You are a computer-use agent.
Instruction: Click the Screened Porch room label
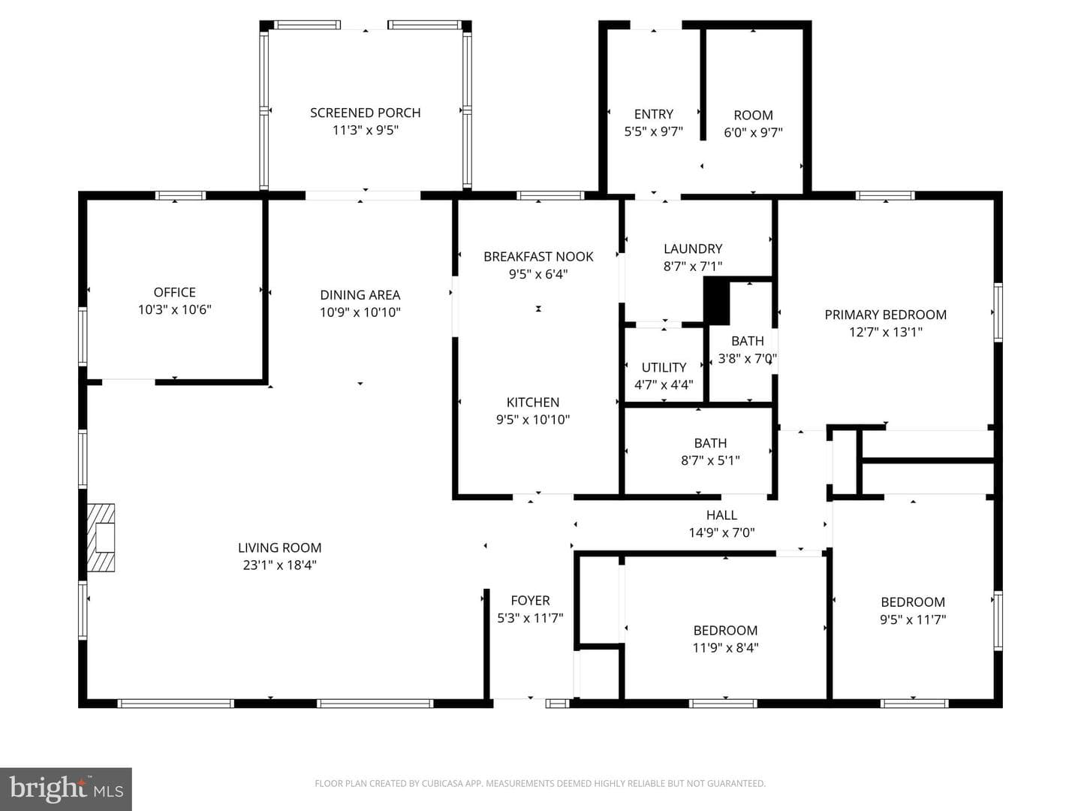(365, 113)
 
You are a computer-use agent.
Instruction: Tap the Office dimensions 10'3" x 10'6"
(174, 309)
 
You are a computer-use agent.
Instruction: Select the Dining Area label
(360, 295)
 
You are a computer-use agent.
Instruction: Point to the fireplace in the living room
(101, 537)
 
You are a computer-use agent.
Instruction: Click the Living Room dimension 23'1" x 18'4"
(280, 565)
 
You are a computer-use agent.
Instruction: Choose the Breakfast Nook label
(538, 257)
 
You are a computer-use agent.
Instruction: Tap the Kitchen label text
(533, 402)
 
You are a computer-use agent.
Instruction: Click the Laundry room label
(693, 249)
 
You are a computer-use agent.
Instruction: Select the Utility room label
(664, 367)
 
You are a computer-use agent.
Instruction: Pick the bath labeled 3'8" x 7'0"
(748, 350)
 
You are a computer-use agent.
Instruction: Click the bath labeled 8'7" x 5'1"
(710, 451)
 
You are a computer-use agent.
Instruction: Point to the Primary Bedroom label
(886, 315)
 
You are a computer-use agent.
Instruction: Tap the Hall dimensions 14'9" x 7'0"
(721, 532)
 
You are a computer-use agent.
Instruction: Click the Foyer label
(530, 600)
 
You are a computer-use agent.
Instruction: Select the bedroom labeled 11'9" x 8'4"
(725, 638)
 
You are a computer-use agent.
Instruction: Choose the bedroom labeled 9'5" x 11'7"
(913, 611)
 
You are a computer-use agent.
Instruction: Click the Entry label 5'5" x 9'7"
(654, 123)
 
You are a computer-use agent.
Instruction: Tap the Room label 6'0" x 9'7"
(753, 124)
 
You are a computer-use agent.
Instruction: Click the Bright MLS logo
(66, 789)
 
